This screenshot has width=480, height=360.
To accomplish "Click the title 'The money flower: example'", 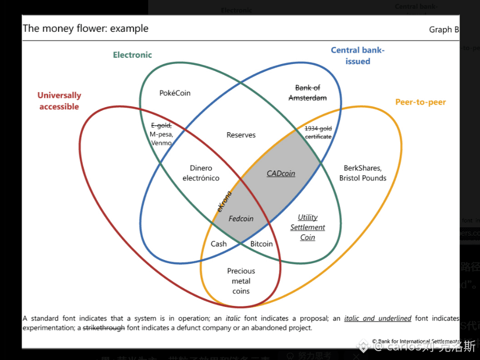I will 85,29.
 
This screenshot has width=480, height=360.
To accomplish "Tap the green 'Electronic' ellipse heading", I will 133,55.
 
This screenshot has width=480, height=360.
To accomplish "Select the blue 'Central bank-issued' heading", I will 358,56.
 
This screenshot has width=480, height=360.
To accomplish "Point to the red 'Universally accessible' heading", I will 59,101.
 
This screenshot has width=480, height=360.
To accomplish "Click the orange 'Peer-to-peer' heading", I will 420,102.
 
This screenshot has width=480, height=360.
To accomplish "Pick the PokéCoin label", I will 175,93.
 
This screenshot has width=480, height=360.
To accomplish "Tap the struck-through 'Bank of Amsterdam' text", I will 307,93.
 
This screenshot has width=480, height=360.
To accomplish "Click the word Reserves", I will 241,135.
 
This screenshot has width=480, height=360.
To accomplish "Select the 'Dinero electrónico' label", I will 201,173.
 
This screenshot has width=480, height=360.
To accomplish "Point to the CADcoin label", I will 281,174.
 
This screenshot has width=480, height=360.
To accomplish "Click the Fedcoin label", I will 241,218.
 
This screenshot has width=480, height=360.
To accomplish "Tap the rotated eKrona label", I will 224,201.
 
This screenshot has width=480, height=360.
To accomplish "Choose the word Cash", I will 218,244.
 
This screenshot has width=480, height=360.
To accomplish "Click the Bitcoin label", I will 261,244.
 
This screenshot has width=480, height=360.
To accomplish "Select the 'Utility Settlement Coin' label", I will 307,227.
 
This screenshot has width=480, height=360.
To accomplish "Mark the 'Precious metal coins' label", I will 241,281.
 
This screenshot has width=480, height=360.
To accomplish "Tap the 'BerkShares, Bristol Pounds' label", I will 362,173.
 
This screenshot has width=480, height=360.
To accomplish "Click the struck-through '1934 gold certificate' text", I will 318,132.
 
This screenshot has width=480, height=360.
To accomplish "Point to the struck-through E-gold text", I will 161,125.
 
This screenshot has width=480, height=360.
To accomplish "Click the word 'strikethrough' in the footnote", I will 103,328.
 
